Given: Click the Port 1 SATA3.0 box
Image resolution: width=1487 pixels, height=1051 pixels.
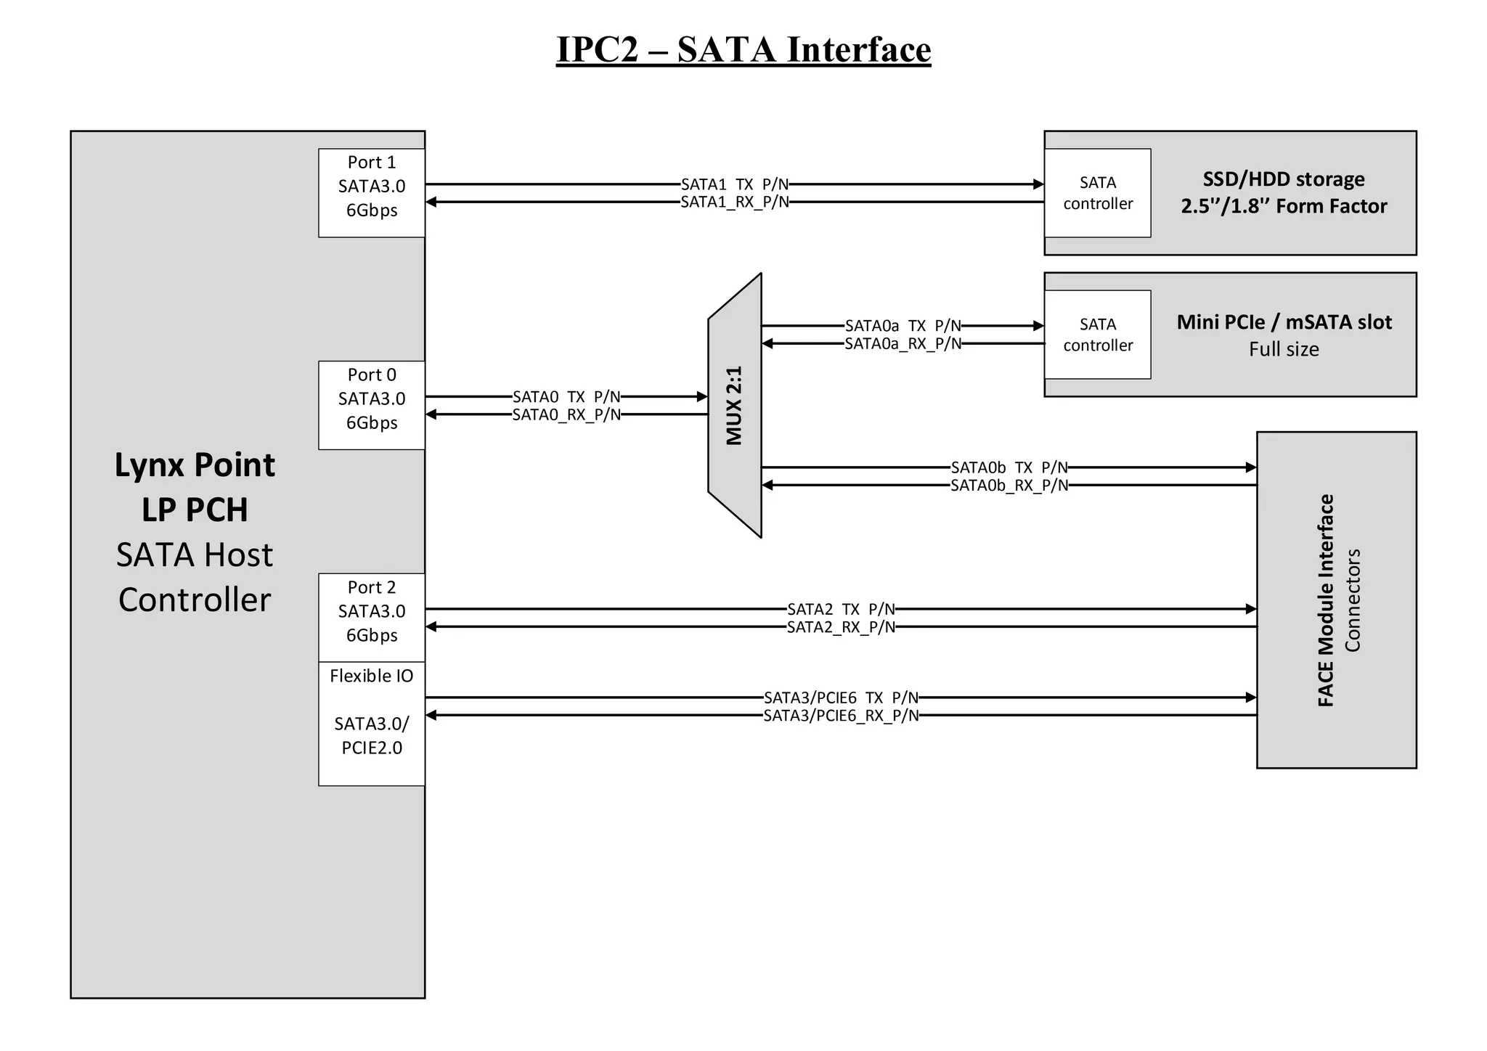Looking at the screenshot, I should [x=371, y=192].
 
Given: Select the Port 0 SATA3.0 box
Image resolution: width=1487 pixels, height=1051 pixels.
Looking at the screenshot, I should [x=371, y=405].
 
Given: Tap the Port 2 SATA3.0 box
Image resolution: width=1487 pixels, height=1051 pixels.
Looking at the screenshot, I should [x=371, y=617].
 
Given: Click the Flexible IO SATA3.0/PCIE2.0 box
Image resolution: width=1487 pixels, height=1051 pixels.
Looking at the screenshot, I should [x=371, y=723].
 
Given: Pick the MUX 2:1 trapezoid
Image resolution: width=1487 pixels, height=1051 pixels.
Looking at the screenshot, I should [x=735, y=405].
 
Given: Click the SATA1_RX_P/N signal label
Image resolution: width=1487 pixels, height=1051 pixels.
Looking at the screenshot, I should [x=734, y=203].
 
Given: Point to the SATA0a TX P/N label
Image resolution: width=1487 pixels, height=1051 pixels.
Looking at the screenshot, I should [x=903, y=326].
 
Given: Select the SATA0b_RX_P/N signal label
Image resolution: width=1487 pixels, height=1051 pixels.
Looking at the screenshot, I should [x=1009, y=486].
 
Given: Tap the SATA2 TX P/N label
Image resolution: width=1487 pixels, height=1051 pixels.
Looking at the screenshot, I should [x=841, y=609].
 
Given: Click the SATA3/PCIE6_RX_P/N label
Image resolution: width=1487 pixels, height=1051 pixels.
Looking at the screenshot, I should [x=841, y=716].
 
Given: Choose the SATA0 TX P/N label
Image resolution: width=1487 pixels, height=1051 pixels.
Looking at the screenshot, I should [x=566, y=397].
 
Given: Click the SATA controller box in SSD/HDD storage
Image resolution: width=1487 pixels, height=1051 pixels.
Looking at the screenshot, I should [x=1097, y=193].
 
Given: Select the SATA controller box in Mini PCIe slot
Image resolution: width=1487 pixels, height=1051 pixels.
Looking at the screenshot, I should [x=1097, y=335].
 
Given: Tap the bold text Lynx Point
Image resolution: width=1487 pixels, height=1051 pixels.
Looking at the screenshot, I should [x=195, y=465].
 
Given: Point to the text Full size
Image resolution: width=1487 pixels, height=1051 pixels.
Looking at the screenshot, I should [x=1283, y=349].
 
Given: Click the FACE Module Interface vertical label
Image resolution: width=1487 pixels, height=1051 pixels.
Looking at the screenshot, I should [x=1325, y=600].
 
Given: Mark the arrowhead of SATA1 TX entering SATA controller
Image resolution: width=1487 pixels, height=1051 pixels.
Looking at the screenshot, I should [x=1039, y=184].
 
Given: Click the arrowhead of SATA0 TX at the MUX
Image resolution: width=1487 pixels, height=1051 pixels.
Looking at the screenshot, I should [x=702, y=397].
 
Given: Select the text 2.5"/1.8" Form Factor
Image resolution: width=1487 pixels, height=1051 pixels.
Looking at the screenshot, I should [x=1283, y=206].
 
